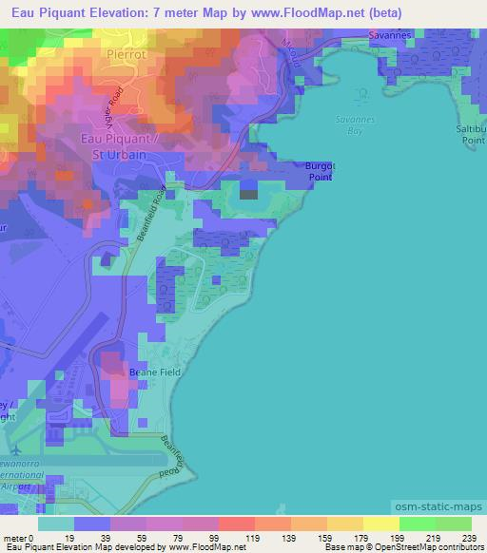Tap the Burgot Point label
pos(320,170)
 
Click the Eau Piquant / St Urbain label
pos(114,146)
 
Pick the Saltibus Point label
pos(473,133)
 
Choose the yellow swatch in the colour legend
pos(380,524)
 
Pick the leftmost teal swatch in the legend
pos(55,524)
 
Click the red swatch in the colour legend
pos(236,524)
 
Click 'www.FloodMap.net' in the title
pos(299,12)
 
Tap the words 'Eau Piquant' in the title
pos(47,12)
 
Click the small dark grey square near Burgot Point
pos(248,194)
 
